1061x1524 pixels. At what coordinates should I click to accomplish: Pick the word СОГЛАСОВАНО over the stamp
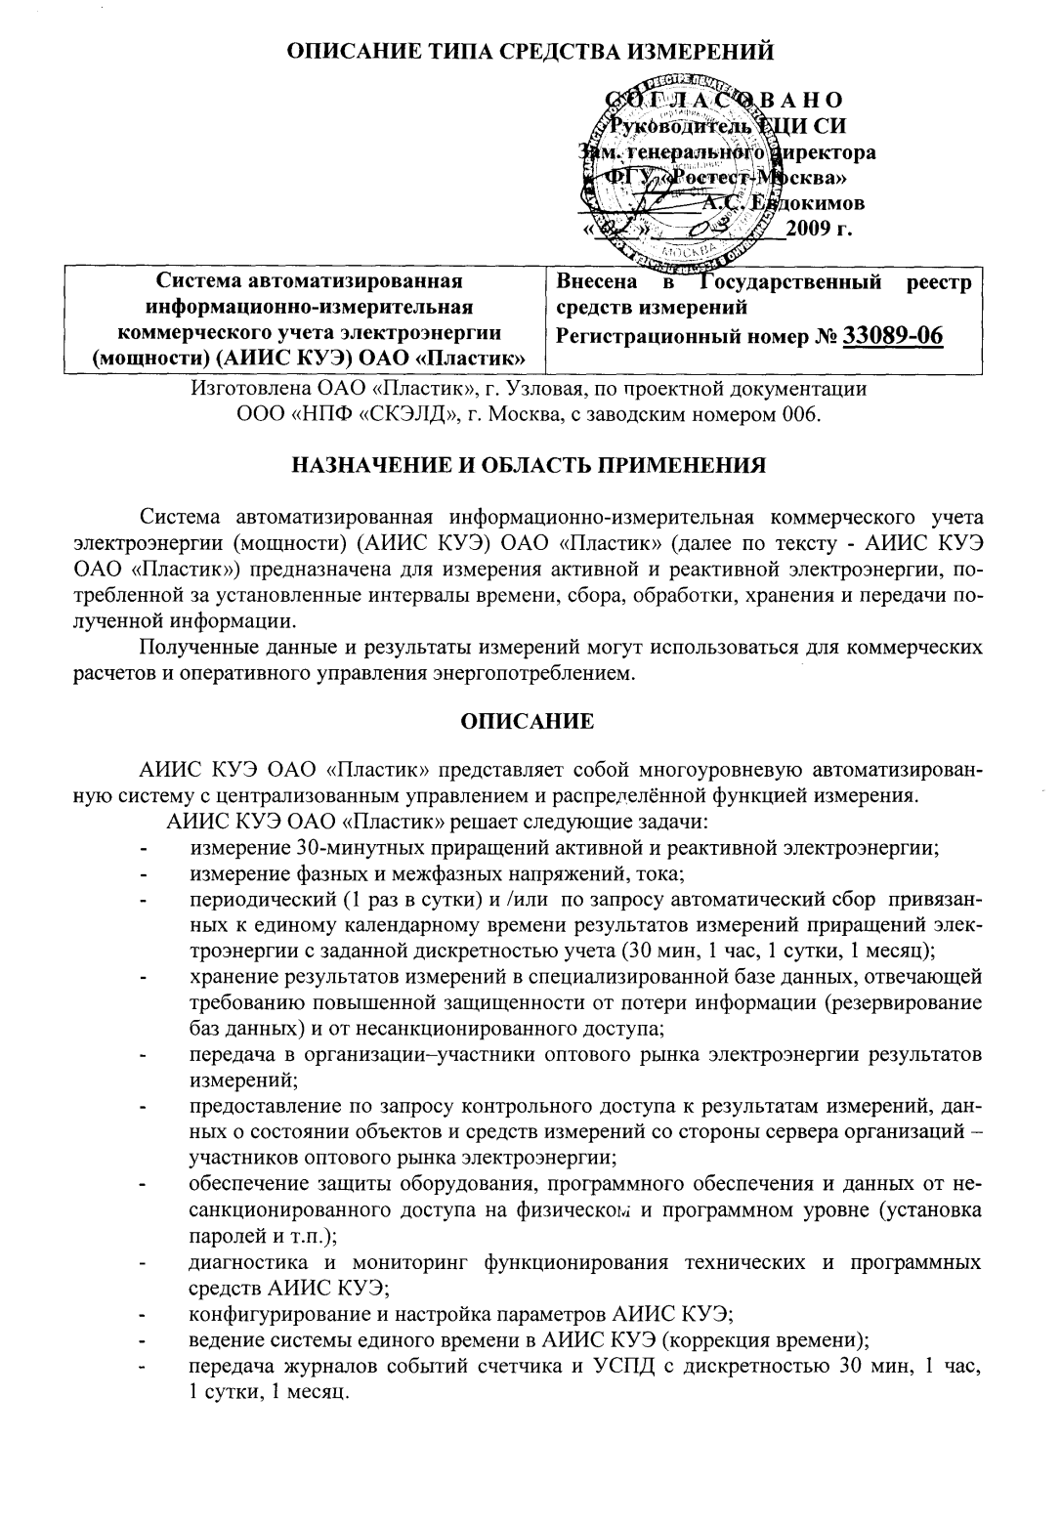721,101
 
